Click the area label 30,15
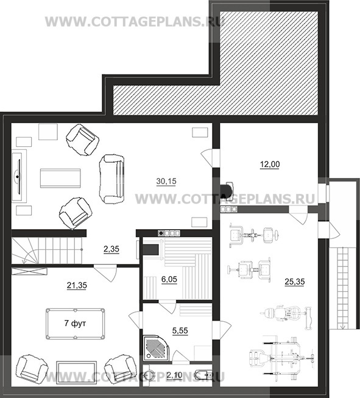(166, 182)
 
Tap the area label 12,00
(270, 165)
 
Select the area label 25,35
(295, 282)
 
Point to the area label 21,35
(77, 285)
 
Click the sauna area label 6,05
(169, 279)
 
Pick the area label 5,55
(180, 331)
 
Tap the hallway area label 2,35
(111, 249)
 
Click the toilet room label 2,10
(175, 375)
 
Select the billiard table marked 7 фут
(76, 324)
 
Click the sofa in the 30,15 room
(112, 179)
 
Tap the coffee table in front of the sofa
(60, 178)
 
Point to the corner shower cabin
(156, 348)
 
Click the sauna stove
(151, 249)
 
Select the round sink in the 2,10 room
(149, 375)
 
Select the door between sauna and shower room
(167, 307)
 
